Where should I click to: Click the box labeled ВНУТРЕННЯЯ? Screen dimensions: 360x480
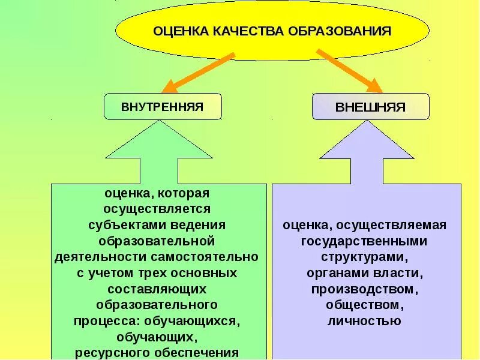[163, 107]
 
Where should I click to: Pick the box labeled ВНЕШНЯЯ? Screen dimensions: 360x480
[370, 107]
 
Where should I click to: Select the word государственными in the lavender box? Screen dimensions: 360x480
[364, 241]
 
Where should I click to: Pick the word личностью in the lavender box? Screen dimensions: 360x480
[364, 320]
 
